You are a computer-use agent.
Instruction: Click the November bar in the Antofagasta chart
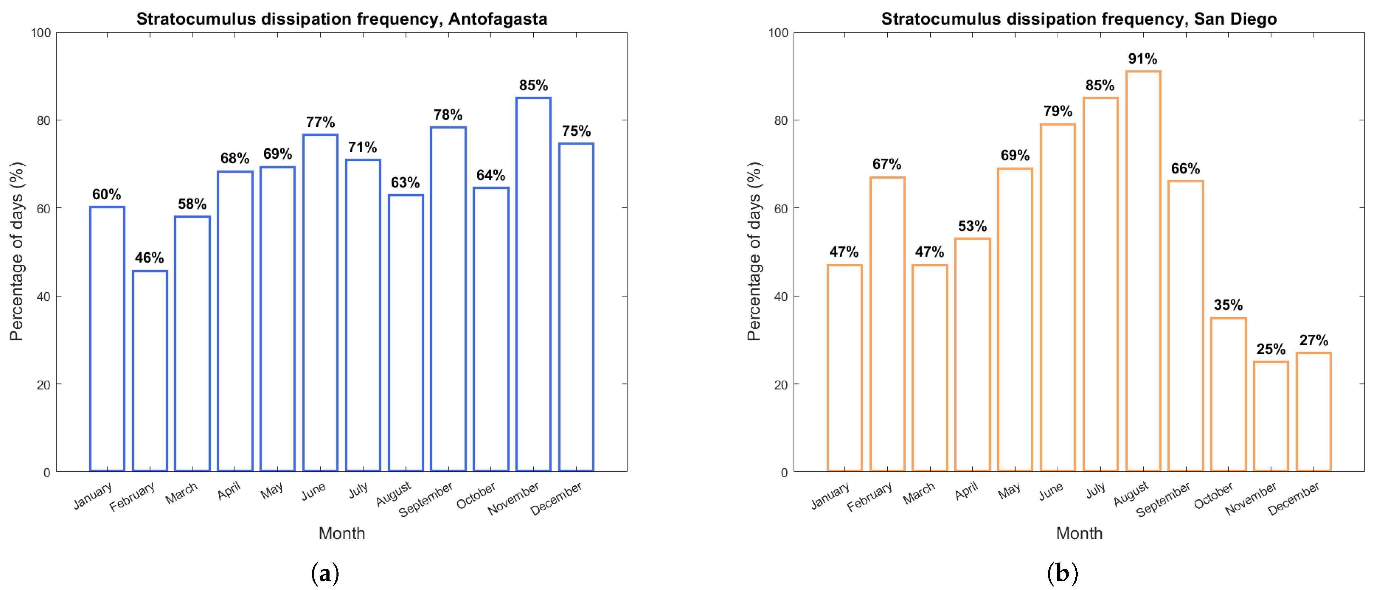click(x=533, y=284)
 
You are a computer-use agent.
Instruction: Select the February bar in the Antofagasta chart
click(x=150, y=371)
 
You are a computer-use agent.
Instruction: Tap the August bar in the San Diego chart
click(x=1143, y=271)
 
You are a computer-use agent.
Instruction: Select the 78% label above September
click(x=448, y=115)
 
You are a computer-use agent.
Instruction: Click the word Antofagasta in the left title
click(x=497, y=19)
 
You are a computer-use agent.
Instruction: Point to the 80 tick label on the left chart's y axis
click(x=44, y=121)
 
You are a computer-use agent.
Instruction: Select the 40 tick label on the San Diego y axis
click(x=781, y=297)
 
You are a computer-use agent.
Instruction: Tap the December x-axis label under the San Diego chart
click(x=1293, y=498)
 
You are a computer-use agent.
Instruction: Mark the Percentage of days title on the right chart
click(x=754, y=251)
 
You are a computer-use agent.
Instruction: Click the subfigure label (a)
click(x=325, y=573)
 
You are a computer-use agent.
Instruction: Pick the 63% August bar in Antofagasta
click(x=406, y=333)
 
